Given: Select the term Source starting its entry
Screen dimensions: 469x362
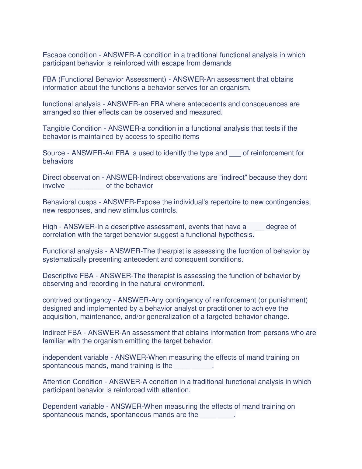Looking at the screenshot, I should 54,153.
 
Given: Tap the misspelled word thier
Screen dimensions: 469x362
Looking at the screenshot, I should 89,112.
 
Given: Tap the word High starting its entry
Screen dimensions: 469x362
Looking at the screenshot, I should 50,227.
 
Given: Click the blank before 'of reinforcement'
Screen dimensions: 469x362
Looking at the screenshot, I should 235,153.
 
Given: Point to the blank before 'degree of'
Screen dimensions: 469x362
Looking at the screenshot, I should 256,227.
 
